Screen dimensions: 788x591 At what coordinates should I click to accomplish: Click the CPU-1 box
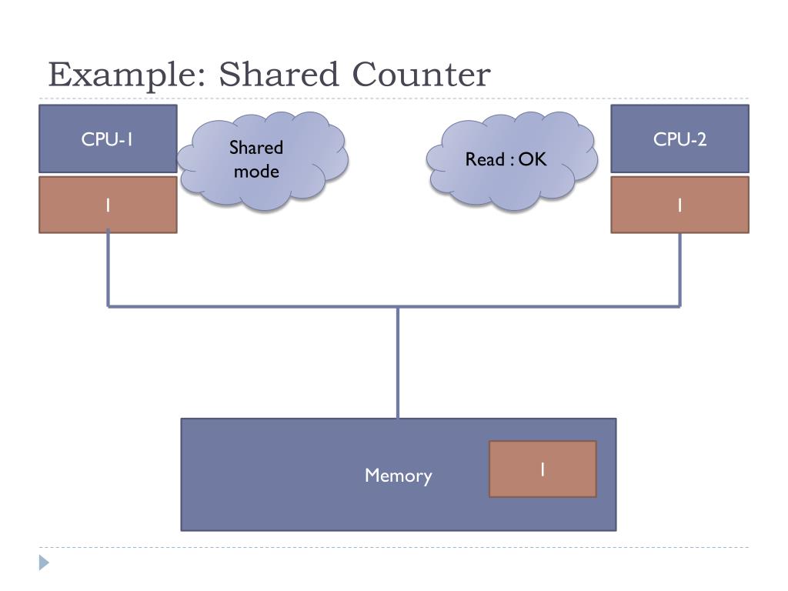point(108,139)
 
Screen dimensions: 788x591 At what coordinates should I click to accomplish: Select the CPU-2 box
point(680,139)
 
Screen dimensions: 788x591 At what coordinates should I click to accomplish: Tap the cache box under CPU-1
point(108,205)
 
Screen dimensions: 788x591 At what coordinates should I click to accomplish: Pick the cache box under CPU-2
point(680,205)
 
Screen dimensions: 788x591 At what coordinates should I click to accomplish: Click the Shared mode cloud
point(263,160)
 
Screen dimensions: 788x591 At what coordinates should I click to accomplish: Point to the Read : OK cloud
point(512,160)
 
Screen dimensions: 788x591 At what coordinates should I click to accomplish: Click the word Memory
point(398,476)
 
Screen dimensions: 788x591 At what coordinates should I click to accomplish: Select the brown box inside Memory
point(543,469)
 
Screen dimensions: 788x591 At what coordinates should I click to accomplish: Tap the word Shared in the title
point(279,74)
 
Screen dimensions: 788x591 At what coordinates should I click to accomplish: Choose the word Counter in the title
point(421,75)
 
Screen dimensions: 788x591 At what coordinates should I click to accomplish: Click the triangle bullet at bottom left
point(44,563)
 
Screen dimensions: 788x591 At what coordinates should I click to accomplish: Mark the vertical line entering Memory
point(398,362)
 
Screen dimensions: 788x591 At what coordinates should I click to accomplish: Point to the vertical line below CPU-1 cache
point(108,268)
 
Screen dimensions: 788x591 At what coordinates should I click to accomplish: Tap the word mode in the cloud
point(256,172)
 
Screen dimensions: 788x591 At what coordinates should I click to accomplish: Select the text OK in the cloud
point(533,159)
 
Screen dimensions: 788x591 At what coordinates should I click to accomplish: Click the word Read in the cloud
point(485,159)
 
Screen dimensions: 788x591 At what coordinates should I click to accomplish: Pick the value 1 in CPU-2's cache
point(680,205)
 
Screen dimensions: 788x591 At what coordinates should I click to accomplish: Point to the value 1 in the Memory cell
point(543,469)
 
